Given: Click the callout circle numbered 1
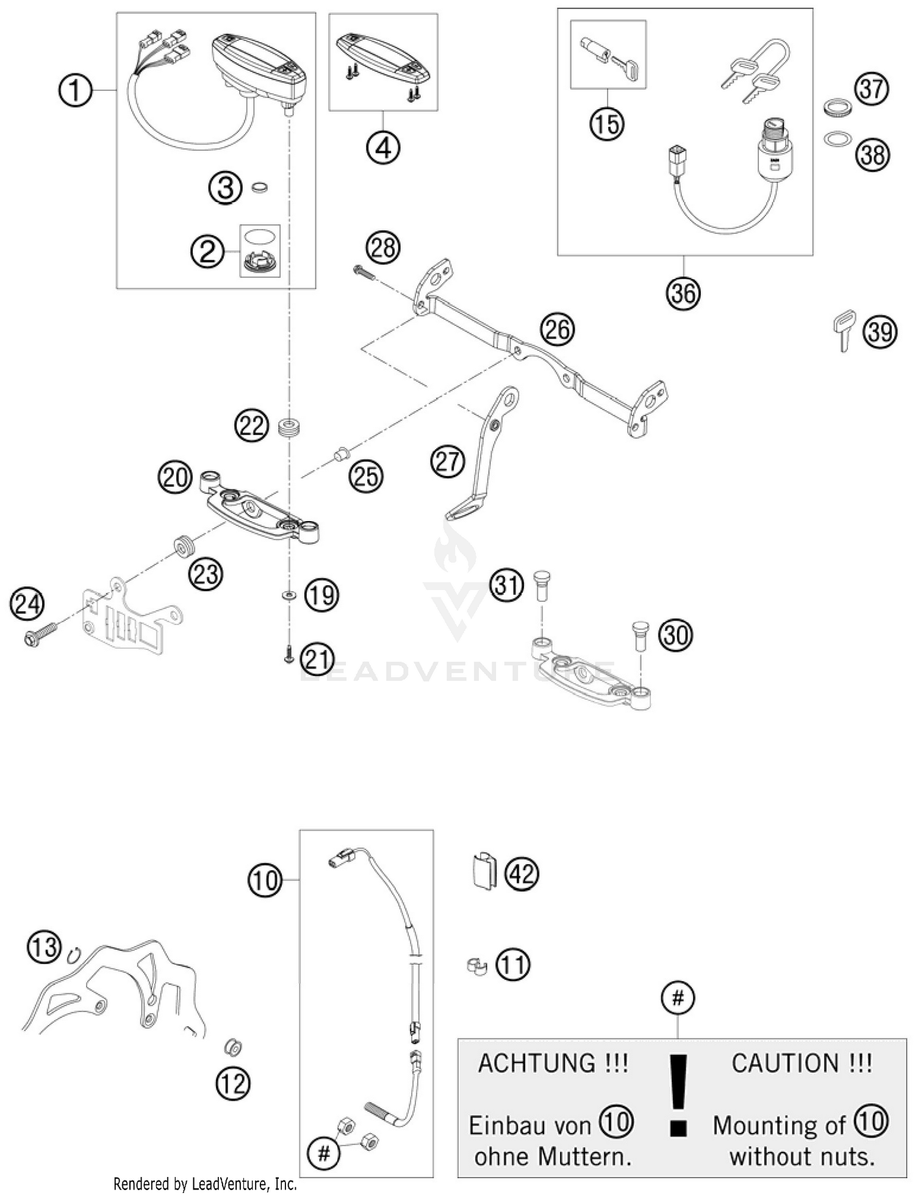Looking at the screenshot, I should point(74,92).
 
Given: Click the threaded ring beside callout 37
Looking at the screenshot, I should point(838,107).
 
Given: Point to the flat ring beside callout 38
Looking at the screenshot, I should point(838,140).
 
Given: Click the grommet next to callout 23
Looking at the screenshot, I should point(184,544).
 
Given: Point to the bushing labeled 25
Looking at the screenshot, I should point(342,454).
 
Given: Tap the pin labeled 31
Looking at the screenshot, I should point(541,584).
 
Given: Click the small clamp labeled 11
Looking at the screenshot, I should point(476,965).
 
